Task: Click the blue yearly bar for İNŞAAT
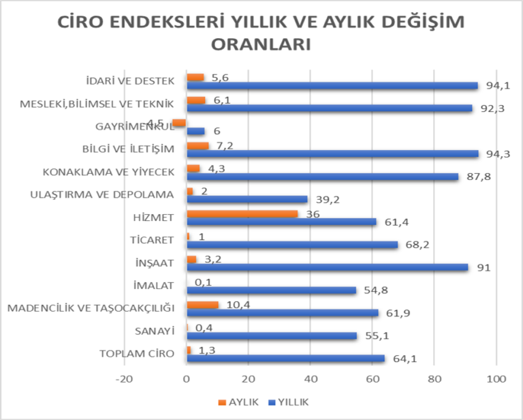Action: click(327, 267)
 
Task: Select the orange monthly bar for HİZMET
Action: click(242, 213)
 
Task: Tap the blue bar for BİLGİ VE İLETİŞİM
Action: click(332, 153)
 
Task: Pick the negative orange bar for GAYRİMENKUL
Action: click(179, 123)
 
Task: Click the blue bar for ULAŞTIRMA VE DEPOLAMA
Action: click(247, 199)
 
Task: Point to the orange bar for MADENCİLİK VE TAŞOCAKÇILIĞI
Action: click(202, 305)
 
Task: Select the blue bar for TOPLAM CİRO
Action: click(285, 359)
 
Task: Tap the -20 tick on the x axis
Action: click(124, 380)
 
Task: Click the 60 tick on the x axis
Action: click(373, 380)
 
